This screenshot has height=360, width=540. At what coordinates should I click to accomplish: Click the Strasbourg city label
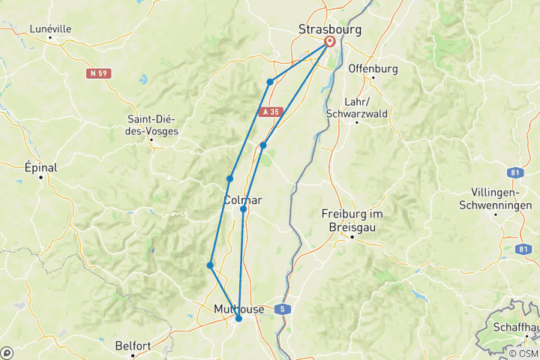coord(329,30)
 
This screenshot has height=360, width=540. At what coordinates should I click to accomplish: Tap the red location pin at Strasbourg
coord(329,42)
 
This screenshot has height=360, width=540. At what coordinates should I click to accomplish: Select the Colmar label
coord(242,199)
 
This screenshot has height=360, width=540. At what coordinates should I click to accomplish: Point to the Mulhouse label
coord(238,309)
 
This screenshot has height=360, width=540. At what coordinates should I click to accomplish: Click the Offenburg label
coord(372,68)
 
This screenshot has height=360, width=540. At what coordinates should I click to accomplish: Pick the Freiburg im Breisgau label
coord(352,220)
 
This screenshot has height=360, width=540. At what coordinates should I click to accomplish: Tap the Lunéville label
coord(50,28)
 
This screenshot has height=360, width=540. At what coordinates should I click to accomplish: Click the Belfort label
coord(134,346)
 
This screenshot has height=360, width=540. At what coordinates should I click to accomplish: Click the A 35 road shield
coord(271,112)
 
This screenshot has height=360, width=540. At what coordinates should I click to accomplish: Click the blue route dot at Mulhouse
coord(238,319)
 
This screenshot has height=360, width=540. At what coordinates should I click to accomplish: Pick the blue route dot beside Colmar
coord(244,209)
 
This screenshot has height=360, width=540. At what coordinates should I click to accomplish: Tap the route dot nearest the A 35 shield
coord(263,145)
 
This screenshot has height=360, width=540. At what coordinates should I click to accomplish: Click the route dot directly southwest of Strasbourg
coord(269,82)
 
